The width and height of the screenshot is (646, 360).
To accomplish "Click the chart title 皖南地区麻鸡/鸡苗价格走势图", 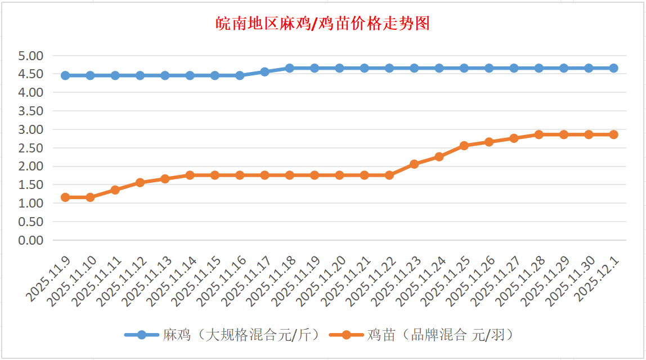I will (x=323, y=24).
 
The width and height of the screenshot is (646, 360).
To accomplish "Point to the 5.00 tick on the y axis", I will (x=30, y=56).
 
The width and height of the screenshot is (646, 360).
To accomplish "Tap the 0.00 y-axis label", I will (x=30, y=240).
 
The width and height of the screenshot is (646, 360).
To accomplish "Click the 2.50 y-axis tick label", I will (x=30, y=148).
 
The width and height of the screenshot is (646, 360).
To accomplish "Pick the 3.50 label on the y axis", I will (x=30, y=111).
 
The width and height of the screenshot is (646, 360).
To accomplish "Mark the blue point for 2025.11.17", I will (x=264, y=72).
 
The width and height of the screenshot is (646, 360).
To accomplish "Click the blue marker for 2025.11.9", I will (x=65, y=75).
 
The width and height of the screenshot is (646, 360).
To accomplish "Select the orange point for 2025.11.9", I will (x=65, y=197).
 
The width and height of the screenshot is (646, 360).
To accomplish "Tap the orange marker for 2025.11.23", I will (x=414, y=164).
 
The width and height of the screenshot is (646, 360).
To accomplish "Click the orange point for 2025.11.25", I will (x=464, y=146).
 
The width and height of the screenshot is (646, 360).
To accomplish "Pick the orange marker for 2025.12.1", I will (x=613, y=134).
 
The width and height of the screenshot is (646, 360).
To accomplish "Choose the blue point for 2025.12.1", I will (x=613, y=68).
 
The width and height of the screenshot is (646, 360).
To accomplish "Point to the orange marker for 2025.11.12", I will (x=140, y=183).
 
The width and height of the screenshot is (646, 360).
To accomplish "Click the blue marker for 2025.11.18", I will (x=290, y=68).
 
